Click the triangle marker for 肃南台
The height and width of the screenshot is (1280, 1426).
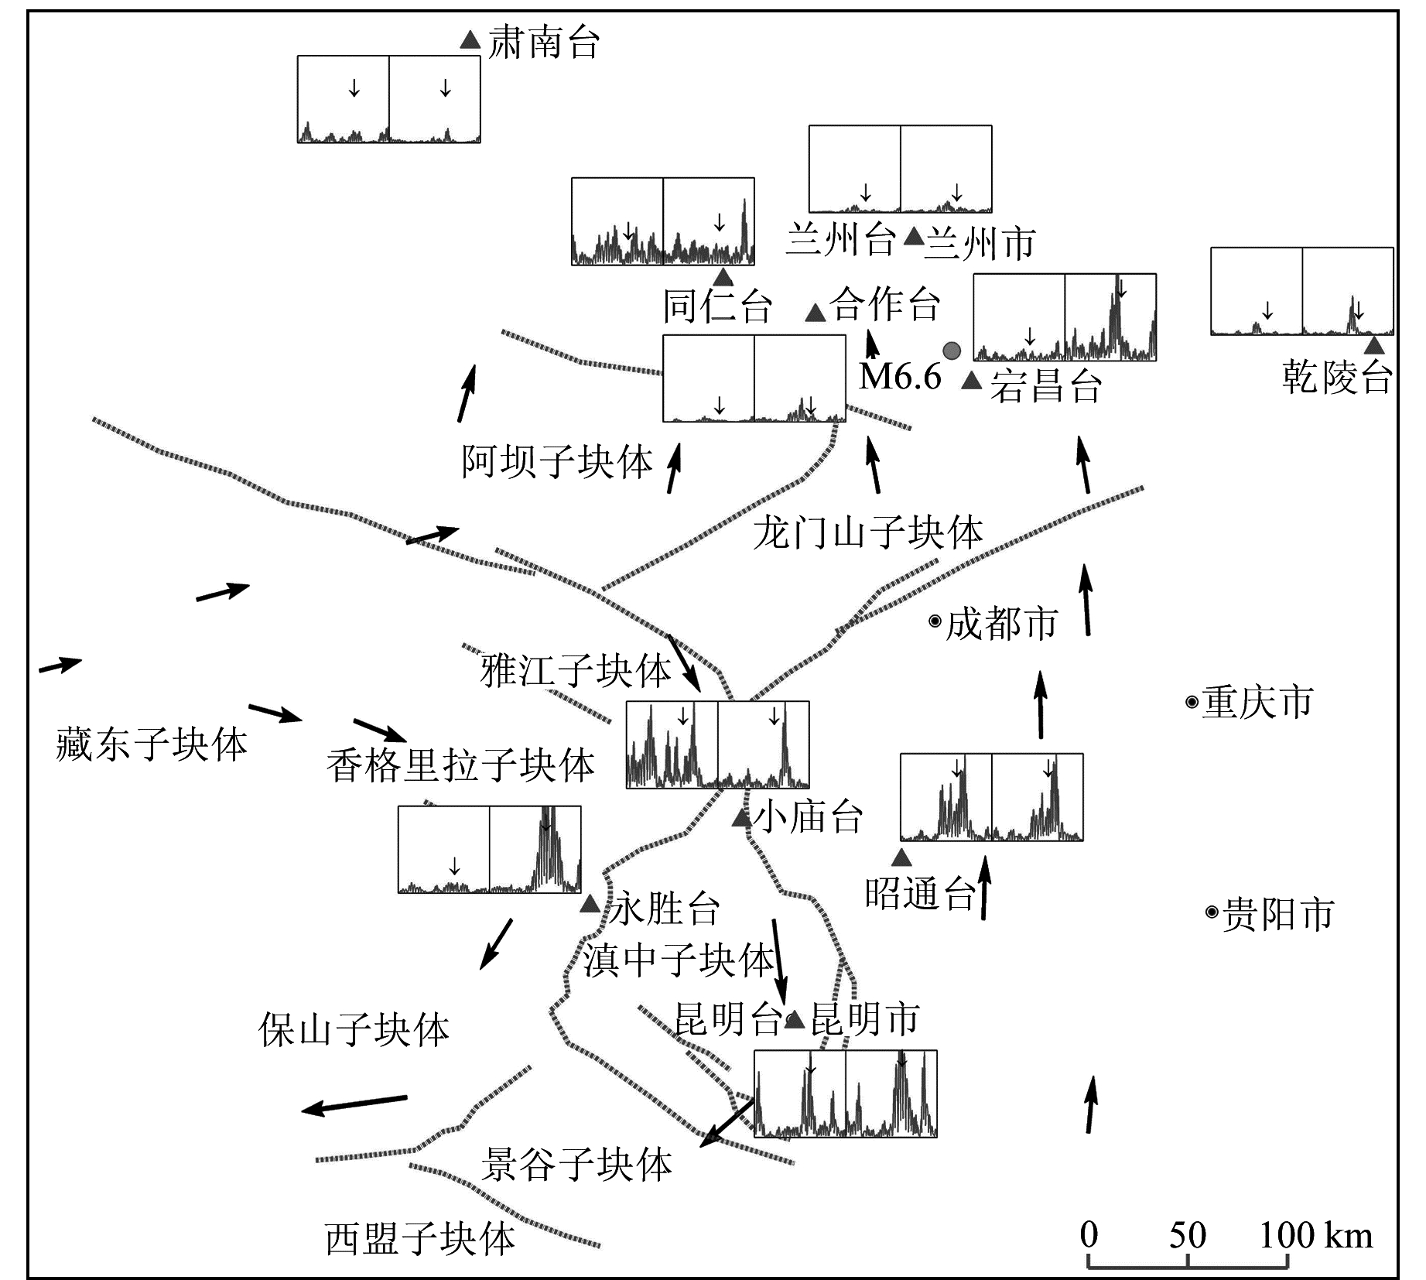tap(470, 39)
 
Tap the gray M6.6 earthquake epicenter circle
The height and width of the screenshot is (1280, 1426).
tap(952, 351)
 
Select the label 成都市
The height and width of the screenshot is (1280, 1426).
tap(1002, 623)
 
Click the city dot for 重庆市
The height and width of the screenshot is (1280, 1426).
tap(1192, 703)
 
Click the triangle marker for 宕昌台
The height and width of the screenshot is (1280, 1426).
tap(972, 381)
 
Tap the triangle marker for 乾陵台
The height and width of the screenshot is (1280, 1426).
tap(1373, 345)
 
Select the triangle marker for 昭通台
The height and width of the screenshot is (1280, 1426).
tap(901, 857)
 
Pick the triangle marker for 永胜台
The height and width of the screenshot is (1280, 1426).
tap(590, 903)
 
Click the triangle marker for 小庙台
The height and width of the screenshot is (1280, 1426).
tap(742, 817)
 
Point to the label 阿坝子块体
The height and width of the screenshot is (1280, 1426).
tap(557, 462)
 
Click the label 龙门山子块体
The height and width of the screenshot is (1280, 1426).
tap(868, 533)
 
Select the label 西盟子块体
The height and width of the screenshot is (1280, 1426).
tap(420, 1239)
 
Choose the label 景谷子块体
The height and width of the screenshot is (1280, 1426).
tap(576, 1165)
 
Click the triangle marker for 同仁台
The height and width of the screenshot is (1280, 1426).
tap(723, 277)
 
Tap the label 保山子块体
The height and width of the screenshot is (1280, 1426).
tap(354, 1030)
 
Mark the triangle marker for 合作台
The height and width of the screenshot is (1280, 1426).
tap(815, 313)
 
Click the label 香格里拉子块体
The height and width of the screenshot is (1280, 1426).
tap(460, 766)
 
